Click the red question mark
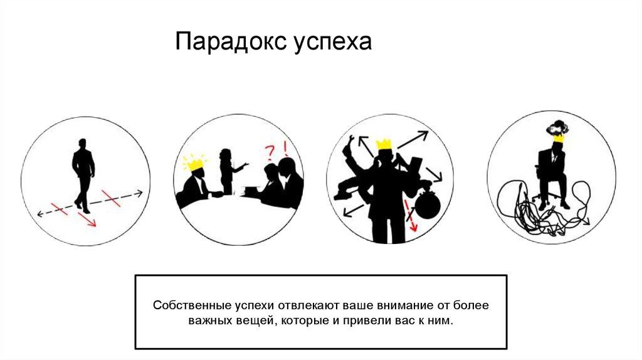[270, 153]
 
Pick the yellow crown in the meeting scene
[194, 163]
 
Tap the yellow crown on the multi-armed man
[384, 144]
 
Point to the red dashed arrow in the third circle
[411, 215]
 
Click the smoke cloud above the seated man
[555, 129]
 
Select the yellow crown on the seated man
[559, 139]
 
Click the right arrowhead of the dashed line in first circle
[139, 193]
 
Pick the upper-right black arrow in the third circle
[413, 140]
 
